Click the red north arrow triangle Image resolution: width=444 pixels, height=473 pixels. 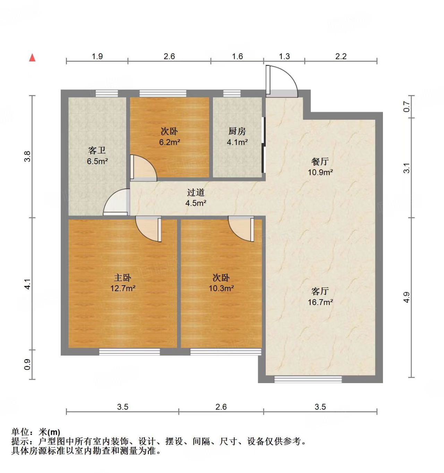pyautogui.click(x=32, y=58)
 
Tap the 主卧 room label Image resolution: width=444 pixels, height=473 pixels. pyautogui.click(x=122, y=278)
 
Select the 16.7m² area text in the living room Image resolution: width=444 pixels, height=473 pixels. pyautogui.click(x=320, y=302)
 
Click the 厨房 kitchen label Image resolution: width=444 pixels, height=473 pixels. pyautogui.click(x=237, y=131)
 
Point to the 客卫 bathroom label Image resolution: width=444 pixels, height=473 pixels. pyautogui.click(x=97, y=150)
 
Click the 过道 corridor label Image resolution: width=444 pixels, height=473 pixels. pyautogui.click(x=196, y=192)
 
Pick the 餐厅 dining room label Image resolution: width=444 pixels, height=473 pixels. pyautogui.click(x=320, y=161)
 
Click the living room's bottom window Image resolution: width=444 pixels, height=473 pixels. pyautogui.click(x=308, y=380)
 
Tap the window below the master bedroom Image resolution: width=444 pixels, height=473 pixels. pyautogui.click(x=129, y=352)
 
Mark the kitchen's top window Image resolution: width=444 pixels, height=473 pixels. pyautogui.click(x=232, y=93)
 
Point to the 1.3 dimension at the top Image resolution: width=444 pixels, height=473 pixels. pyautogui.click(x=284, y=56)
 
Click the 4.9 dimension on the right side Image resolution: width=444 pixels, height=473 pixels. pyautogui.click(x=407, y=297)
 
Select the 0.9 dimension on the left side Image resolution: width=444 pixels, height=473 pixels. pyautogui.click(x=27, y=364)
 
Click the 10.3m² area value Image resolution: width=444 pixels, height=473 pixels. pyautogui.click(x=221, y=288)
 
